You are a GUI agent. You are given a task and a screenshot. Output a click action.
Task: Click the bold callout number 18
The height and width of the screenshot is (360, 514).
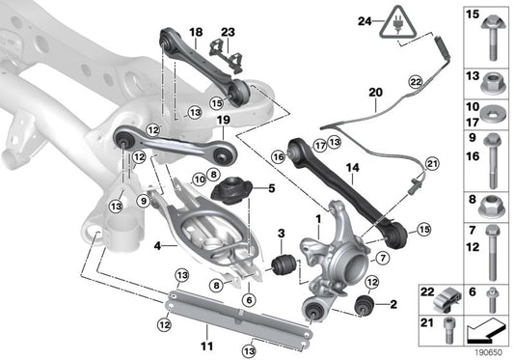click(x=196, y=31)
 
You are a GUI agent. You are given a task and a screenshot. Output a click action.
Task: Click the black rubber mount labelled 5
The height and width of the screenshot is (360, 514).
click(x=231, y=189)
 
